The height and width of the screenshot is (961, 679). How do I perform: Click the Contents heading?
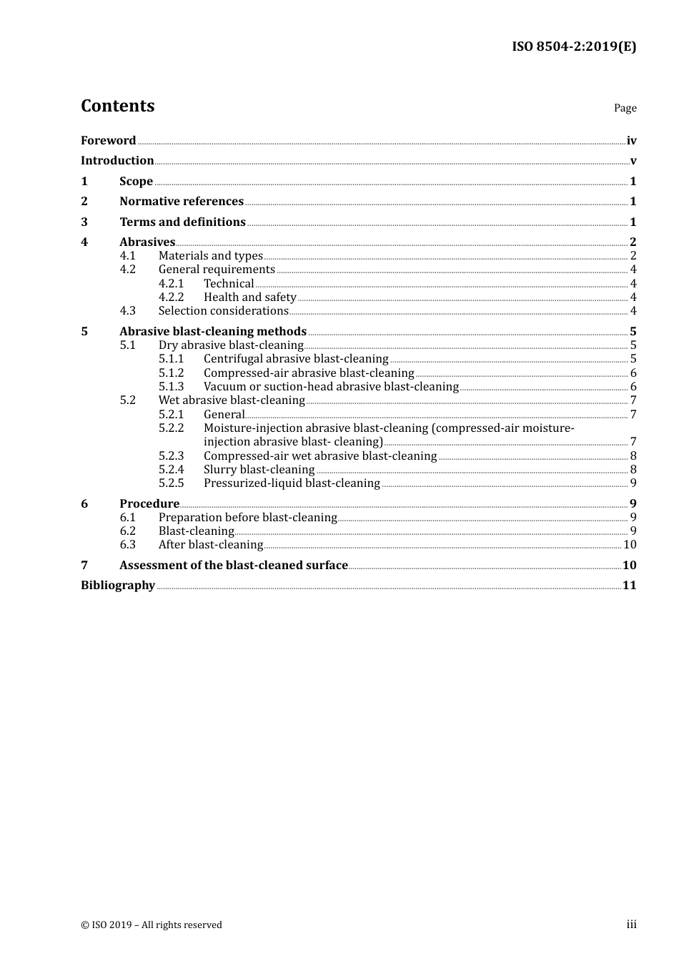(117, 106)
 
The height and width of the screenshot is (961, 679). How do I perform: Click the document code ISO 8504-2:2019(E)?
(573, 46)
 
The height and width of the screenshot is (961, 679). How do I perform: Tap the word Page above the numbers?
(625, 108)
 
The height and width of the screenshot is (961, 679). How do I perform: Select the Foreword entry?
(108, 141)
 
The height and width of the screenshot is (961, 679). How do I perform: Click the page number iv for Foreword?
(631, 141)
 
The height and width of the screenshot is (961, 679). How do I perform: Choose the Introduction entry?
(117, 161)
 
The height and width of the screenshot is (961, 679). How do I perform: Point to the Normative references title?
(182, 202)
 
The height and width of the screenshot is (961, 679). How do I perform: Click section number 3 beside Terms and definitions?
(84, 222)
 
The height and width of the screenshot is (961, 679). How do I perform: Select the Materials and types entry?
(211, 256)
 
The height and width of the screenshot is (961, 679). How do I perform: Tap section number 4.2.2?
(172, 297)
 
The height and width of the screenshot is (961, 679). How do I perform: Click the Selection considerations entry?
(223, 311)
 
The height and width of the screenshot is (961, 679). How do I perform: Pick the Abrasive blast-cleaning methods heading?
(213, 332)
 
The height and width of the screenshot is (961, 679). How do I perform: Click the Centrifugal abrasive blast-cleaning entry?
(296, 359)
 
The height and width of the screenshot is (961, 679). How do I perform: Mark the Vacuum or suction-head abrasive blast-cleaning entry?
(331, 387)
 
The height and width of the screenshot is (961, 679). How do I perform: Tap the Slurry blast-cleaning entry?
(259, 470)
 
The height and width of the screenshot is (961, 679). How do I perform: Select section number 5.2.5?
(172, 483)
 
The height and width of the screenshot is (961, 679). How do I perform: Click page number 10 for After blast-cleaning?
(630, 545)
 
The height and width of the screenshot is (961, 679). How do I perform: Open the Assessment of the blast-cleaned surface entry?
(234, 566)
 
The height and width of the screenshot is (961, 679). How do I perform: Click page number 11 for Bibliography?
(629, 586)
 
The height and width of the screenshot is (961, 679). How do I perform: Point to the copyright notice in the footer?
(152, 925)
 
